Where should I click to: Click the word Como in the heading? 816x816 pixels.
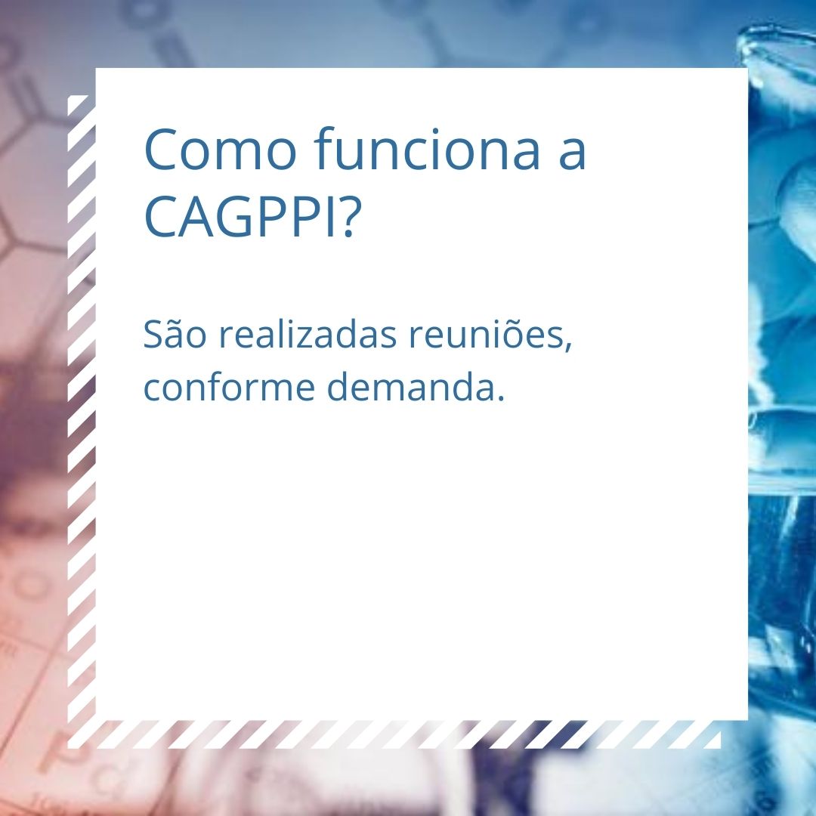coord(220,150)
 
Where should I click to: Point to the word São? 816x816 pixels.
coord(175,333)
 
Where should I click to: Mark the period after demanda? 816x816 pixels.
coord(500,397)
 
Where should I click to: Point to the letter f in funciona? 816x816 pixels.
coord(325,148)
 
